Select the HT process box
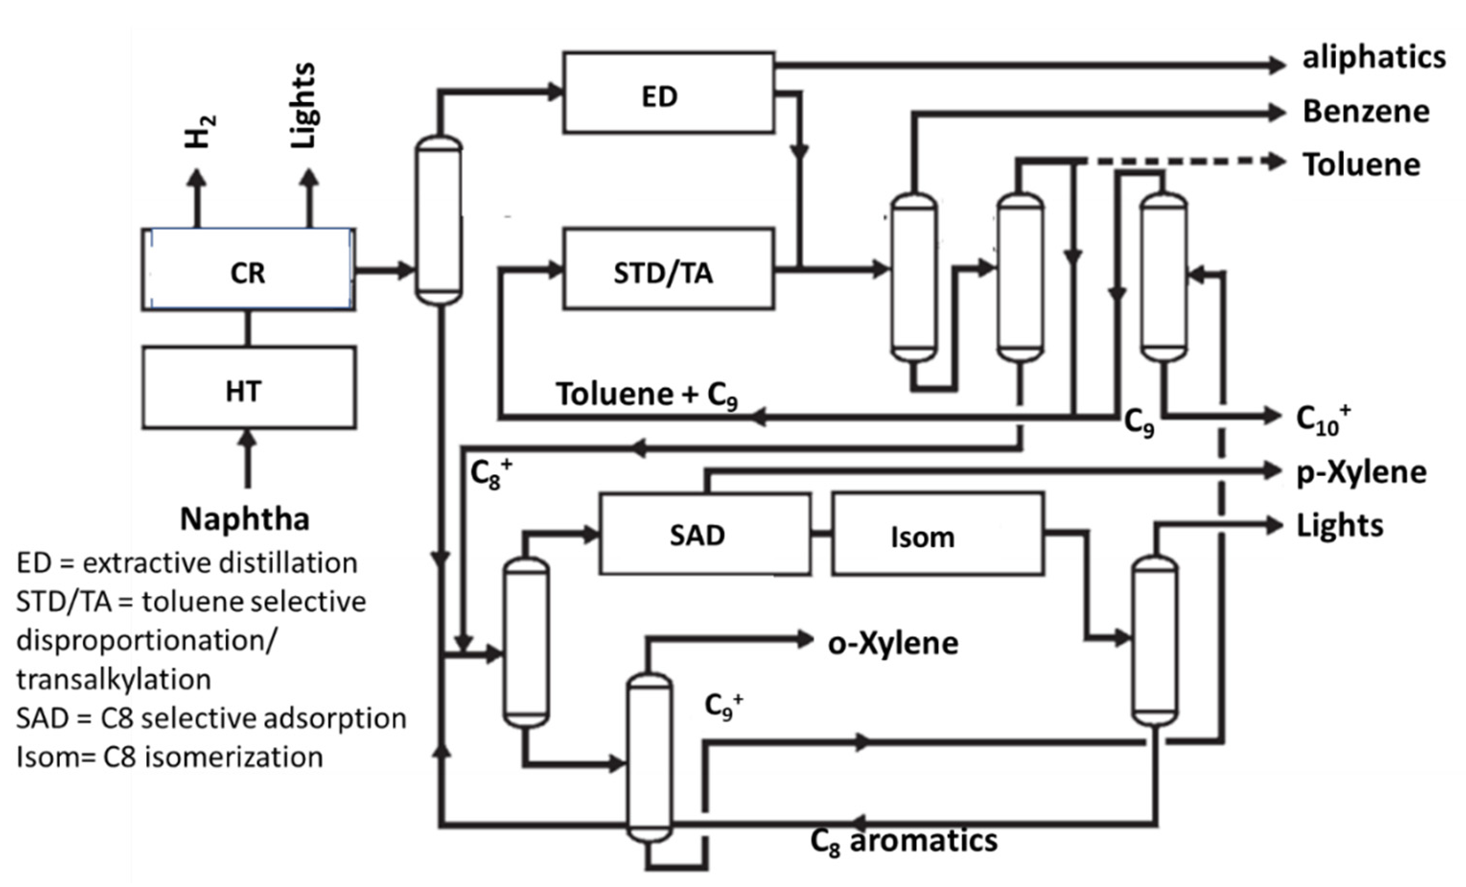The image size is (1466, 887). pos(249,388)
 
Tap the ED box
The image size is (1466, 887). pos(668,93)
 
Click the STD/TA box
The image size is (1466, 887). pos(668,269)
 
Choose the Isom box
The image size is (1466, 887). pos(937,534)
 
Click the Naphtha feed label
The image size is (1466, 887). pos(244,519)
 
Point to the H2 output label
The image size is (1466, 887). pos(200,131)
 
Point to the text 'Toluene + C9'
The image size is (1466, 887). pos(647,395)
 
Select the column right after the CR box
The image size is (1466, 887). pos(439,220)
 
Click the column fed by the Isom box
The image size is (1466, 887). pos(1154,642)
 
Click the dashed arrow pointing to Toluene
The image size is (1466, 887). pos(1184,161)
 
